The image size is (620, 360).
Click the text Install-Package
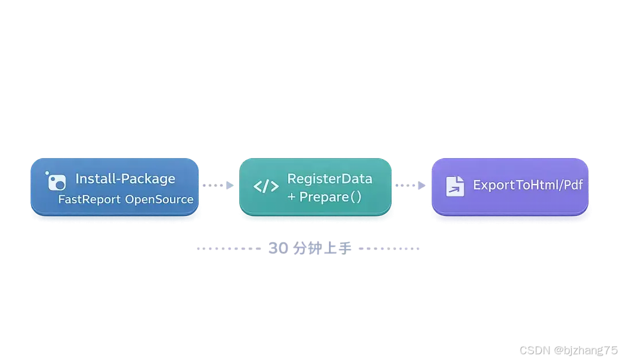point(125,179)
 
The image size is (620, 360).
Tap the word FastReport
point(89,200)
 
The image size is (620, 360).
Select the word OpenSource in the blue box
point(159,200)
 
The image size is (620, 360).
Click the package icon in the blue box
point(56,181)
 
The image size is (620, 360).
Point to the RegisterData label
point(330,179)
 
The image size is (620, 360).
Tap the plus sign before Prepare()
point(292,198)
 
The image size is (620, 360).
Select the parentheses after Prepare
point(356,198)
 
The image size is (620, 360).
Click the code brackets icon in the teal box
point(266,186)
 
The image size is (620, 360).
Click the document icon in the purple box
point(455,186)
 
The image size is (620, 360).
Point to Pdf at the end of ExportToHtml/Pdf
point(573,185)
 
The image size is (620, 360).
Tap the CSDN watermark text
point(534,350)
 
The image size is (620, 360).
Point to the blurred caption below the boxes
point(308,248)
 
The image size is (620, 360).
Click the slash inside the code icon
point(266,186)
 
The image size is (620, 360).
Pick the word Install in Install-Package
point(93,179)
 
